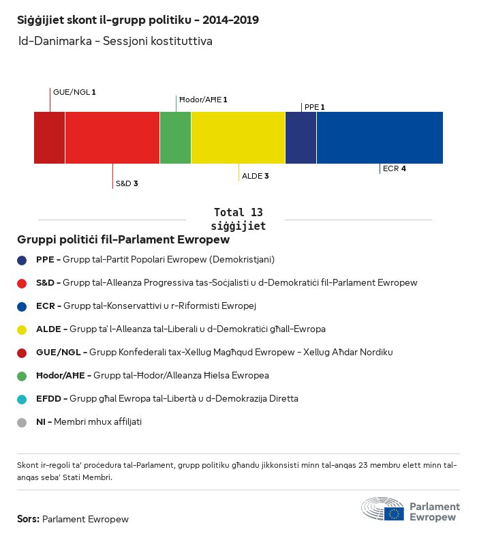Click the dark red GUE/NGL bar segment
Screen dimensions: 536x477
[x=49, y=138]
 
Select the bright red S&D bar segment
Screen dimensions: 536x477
[x=112, y=138]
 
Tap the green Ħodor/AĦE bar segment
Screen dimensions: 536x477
[x=175, y=138]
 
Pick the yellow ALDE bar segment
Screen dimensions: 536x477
[x=238, y=138]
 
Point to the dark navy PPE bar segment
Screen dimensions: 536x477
[x=301, y=138]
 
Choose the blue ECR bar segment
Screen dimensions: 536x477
[x=380, y=138]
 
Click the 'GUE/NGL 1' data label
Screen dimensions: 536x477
[x=74, y=91]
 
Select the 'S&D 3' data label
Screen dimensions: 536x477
[x=127, y=183]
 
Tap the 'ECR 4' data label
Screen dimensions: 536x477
[x=395, y=168]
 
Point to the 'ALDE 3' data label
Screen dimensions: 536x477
[x=256, y=176]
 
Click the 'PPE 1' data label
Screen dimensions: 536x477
[x=314, y=107]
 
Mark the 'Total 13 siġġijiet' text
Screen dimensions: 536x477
[x=238, y=219]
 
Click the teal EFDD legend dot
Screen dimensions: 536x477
[x=22, y=399]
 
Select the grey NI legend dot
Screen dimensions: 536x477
[x=22, y=422]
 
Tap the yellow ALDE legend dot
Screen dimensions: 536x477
[x=22, y=329]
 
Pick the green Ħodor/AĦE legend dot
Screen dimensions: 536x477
[x=22, y=376]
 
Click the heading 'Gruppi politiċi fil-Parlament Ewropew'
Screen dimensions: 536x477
[x=123, y=240]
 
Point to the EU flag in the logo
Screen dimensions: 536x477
[x=394, y=513]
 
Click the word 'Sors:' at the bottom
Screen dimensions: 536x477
[x=28, y=519]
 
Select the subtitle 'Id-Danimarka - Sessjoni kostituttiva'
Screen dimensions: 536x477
[x=115, y=42]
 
